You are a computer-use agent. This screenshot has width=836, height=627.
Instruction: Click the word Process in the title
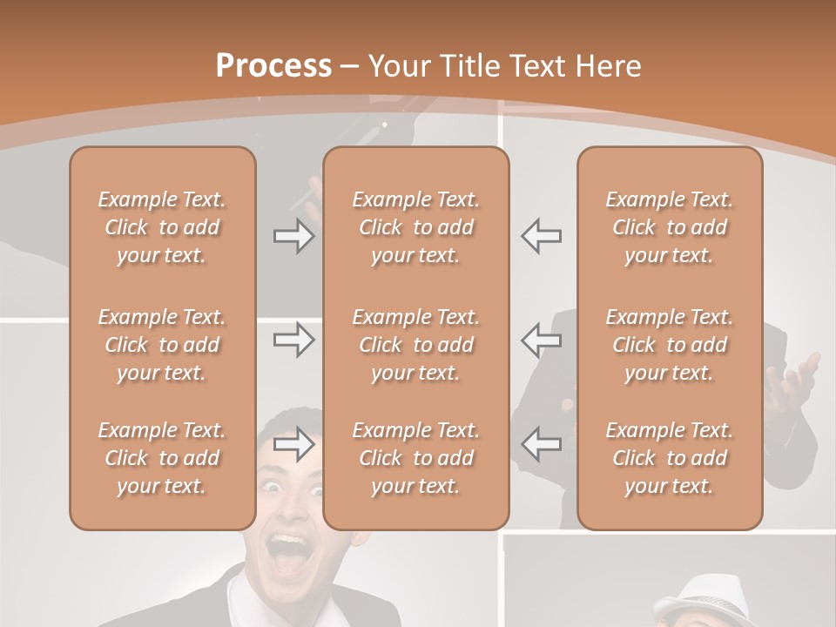tap(273, 66)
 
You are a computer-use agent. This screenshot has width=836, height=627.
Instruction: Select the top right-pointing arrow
tap(293, 236)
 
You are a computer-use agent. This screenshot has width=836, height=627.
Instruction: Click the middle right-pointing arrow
tap(293, 340)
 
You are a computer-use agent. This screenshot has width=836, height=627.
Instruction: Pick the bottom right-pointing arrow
tap(293, 444)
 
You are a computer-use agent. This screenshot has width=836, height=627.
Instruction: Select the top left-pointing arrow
tap(541, 236)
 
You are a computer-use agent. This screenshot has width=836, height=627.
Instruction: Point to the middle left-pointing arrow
tap(541, 340)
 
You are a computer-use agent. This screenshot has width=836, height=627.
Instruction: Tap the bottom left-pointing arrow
tap(541, 444)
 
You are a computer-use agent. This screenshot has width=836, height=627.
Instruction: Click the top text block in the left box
tap(162, 227)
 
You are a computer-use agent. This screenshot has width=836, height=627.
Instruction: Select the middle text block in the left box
tap(162, 345)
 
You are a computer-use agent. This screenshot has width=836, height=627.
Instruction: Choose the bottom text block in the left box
tap(162, 458)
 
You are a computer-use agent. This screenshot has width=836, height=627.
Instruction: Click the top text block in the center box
tap(415, 227)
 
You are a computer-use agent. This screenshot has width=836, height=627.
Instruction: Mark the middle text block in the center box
tap(415, 345)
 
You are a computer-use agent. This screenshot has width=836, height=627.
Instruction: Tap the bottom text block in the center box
tap(415, 458)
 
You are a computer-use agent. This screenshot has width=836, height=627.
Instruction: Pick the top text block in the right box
tap(669, 227)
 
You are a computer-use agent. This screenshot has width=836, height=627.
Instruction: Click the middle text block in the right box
tap(669, 345)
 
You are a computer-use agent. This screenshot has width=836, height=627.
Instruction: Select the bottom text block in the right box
tap(669, 458)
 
